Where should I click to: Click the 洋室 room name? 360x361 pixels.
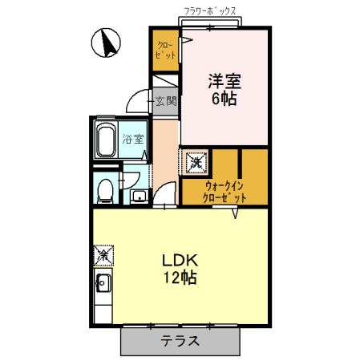click(x=225, y=81)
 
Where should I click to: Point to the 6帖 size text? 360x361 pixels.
click(x=225, y=98)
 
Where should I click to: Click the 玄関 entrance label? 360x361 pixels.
click(x=165, y=101)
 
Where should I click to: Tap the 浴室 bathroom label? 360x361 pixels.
click(x=132, y=139)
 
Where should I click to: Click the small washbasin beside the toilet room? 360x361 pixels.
click(x=138, y=197)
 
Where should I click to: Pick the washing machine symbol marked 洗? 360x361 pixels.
click(x=196, y=161)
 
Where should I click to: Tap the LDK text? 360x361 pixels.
click(x=180, y=261)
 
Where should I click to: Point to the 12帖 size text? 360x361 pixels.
click(x=180, y=278)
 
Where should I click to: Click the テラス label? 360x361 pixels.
click(x=180, y=340)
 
